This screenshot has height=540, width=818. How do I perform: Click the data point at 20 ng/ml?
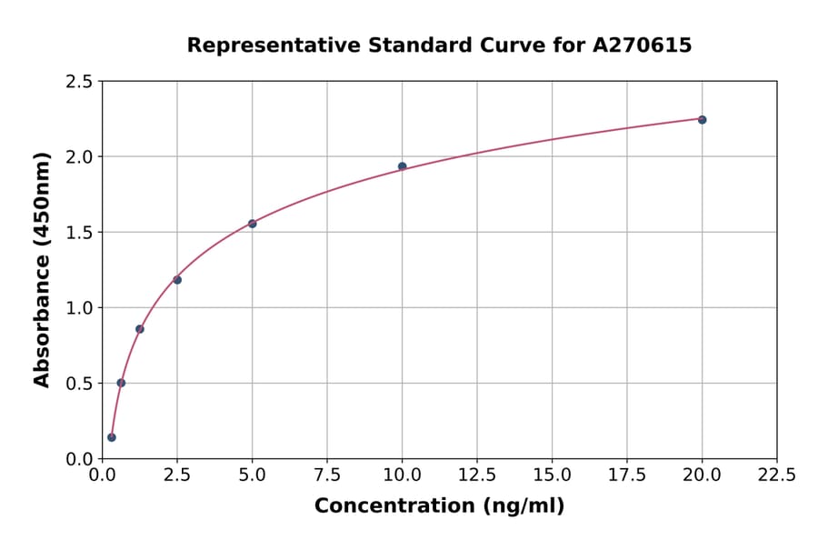702,120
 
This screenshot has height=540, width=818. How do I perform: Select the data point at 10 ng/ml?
402,166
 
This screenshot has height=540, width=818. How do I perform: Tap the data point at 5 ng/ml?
252,224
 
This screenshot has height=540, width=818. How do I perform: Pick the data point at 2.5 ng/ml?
177,280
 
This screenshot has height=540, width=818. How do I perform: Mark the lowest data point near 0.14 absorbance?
112,437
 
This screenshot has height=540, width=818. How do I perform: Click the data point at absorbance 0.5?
121,383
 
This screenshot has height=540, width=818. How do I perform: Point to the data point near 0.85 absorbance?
140,329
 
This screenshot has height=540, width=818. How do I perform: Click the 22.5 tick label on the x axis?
776,475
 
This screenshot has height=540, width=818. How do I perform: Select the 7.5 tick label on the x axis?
327,475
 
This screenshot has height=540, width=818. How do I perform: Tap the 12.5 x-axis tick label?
477,475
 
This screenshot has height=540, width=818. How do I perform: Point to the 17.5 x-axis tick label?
627,475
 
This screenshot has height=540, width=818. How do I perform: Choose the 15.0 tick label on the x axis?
552,475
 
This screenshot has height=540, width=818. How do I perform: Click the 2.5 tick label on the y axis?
80,82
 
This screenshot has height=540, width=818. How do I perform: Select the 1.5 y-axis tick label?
80,233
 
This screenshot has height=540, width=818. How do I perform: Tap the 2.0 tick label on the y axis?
80,157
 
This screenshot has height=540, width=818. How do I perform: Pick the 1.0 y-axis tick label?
80,308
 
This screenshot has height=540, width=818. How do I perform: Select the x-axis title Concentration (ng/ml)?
439,506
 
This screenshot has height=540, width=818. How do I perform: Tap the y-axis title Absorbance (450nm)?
42,269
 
